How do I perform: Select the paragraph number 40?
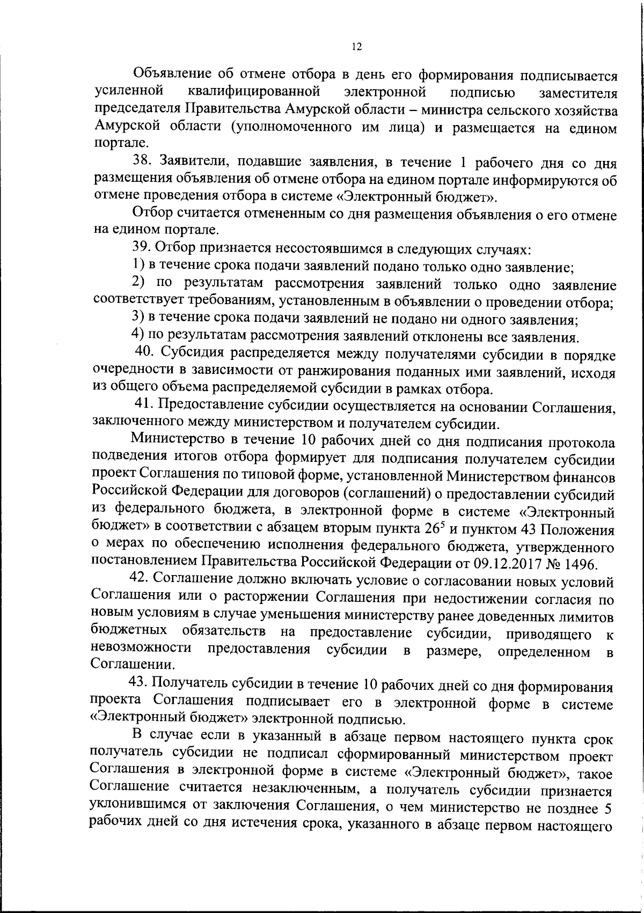pos(143,354)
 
